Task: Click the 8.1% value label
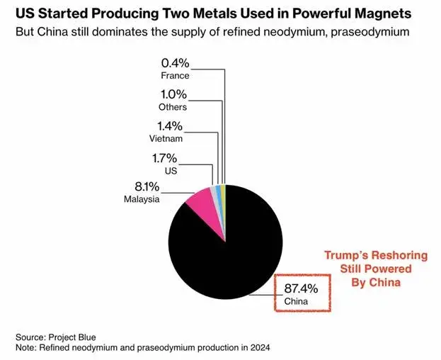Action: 143,187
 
